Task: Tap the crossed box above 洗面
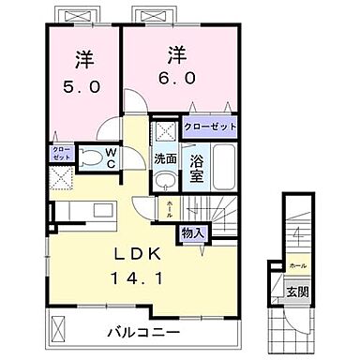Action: point(165,131)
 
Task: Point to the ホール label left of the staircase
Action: point(169,207)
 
